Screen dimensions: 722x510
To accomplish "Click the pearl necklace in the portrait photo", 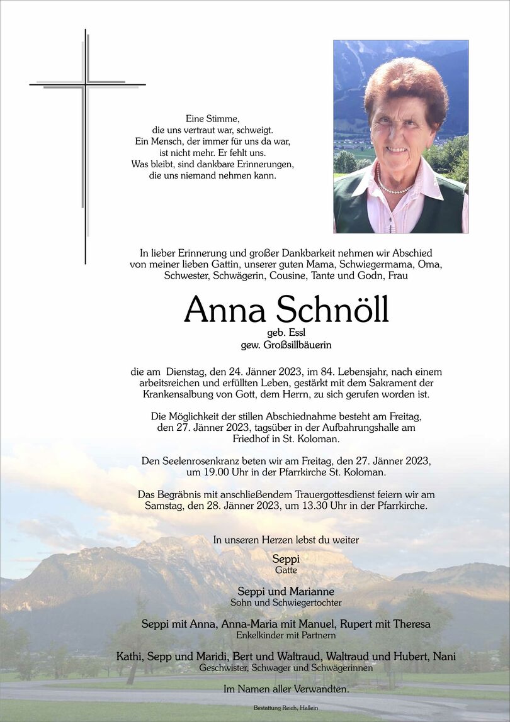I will click(x=394, y=187).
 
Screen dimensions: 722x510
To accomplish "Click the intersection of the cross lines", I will click(x=85, y=85).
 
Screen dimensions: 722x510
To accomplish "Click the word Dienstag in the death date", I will click(x=187, y=372).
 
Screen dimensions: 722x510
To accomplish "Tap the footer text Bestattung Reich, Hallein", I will click(x=286, y=708).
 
